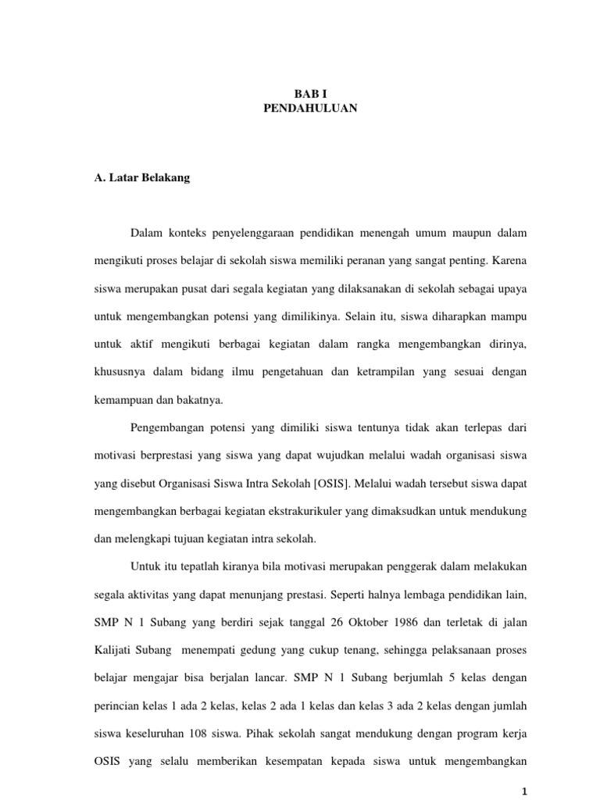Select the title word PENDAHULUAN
click(x=310, y=109)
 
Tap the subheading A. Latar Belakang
click(x=141, y=177)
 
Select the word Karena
click(x=509, y=260)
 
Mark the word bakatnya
click(x=201, y=400)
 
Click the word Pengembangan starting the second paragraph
click(x=169, y=428)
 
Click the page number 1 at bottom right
click(x=526, y=791)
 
